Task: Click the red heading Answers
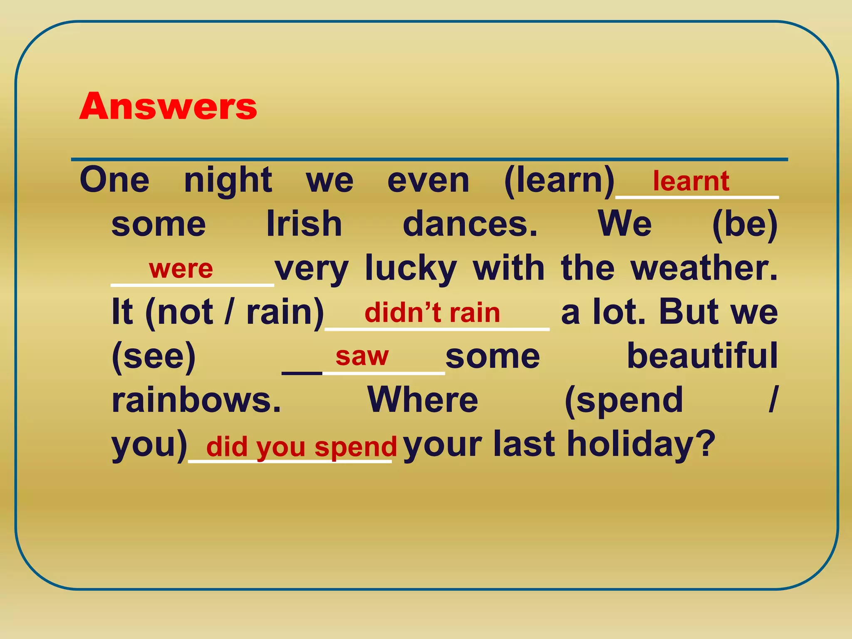pyautogui.click(x=168, y=106)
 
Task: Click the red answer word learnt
pyautogui.click(x=691, y=181)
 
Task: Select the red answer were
pyautogui.click(x=181, y=269)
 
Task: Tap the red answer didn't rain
pyautogui.click(x=432, y=313)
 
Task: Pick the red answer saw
pyautogui.click(x=362, y=357)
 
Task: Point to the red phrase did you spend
pyautogui.click(x=302, y=447)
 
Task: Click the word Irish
pyautogui.click(x=304, y=224)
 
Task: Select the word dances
pyautogui.click(x=470, y=224)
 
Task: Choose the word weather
pyautogui.click(x=704, y=268)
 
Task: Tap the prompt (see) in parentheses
pyautogui.click(x=154, y=357)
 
